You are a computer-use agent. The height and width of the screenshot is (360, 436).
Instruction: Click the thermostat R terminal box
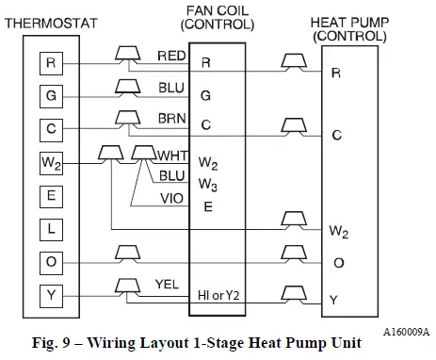coord(51,63)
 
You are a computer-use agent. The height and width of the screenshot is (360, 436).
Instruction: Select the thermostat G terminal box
coord(51,95)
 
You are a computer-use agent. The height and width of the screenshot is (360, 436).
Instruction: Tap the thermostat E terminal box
coord(51,195)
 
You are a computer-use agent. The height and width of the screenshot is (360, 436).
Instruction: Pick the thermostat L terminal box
coord(51,228)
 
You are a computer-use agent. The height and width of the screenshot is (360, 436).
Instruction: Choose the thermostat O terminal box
coord(51,262)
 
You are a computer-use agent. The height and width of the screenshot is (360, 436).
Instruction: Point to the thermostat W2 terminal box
coord(51,162)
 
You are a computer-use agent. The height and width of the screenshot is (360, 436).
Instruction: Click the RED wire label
coord(171,57)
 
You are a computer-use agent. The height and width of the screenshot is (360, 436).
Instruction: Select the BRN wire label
coord(171,118)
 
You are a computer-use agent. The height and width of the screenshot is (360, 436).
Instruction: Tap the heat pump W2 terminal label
coord(339,230)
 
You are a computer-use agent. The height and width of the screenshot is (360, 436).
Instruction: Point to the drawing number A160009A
coord(405,332)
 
